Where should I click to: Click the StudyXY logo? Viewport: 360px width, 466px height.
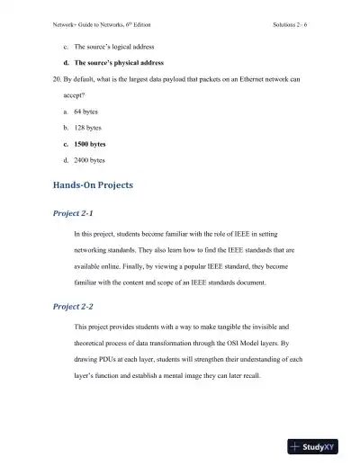click(x=320, y=446)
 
